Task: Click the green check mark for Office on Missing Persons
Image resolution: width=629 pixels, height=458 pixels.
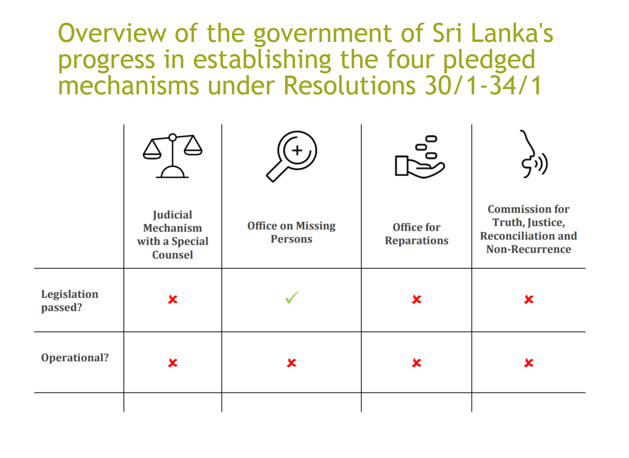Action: click(292, 298)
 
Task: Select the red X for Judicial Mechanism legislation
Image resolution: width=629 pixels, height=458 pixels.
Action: click(173, 299)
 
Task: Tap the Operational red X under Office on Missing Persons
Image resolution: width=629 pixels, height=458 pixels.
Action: click(291, 363)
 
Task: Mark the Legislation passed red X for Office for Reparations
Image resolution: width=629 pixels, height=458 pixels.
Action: click(417, 299)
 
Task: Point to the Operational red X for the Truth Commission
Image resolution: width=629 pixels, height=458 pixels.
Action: click(529, 363)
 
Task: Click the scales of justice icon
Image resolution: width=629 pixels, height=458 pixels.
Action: click(173, 156)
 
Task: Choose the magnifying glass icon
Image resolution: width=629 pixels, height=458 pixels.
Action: click(291, 156)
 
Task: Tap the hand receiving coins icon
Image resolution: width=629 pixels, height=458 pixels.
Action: click(420, 157)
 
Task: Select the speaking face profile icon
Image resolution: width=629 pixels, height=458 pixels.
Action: click(534, 154)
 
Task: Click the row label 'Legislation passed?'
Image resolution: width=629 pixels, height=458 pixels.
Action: click(70, 301)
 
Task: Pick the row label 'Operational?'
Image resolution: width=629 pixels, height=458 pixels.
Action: click(75, 358)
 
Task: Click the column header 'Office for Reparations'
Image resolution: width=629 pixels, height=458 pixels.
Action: click(417, 234)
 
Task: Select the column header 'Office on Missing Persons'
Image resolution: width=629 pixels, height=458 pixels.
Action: click(291, 232)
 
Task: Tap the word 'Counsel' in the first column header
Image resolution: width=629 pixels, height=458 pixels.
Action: click(173, 255)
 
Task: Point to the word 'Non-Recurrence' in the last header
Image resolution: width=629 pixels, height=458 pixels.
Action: click(529, 249)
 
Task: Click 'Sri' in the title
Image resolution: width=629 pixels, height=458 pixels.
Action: click(447, 33)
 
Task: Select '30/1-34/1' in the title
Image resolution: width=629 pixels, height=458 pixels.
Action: click(483, 86)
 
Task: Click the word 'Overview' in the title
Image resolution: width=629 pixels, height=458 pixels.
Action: click(112, 33)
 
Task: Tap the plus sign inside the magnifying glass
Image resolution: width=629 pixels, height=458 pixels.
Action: click(297, 151)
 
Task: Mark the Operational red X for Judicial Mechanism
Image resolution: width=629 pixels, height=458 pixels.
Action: click(173, 363)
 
